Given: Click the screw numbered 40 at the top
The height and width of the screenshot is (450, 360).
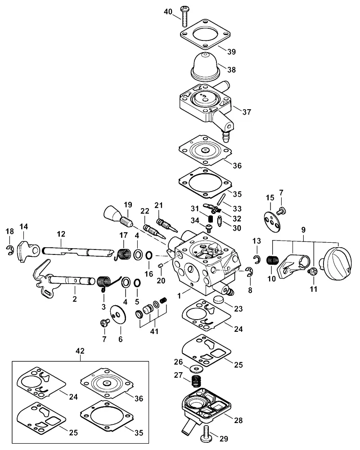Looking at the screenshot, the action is coord(184,16).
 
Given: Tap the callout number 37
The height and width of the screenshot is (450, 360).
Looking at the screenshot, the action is coord(247,112).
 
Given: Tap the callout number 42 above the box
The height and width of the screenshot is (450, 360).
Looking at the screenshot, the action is coord(80,351).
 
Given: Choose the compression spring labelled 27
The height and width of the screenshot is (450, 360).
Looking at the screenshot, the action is coord(196,381).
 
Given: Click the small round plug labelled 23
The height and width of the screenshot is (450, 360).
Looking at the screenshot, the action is coord(219,299).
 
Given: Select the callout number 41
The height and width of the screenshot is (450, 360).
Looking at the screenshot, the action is coord(154,331).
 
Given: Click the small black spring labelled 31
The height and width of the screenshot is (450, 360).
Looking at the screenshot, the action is coord(211,219).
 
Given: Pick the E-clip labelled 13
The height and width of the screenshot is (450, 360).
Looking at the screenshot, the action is coord(257,258).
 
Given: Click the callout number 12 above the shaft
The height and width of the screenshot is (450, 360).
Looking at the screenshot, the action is coord(61,234).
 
